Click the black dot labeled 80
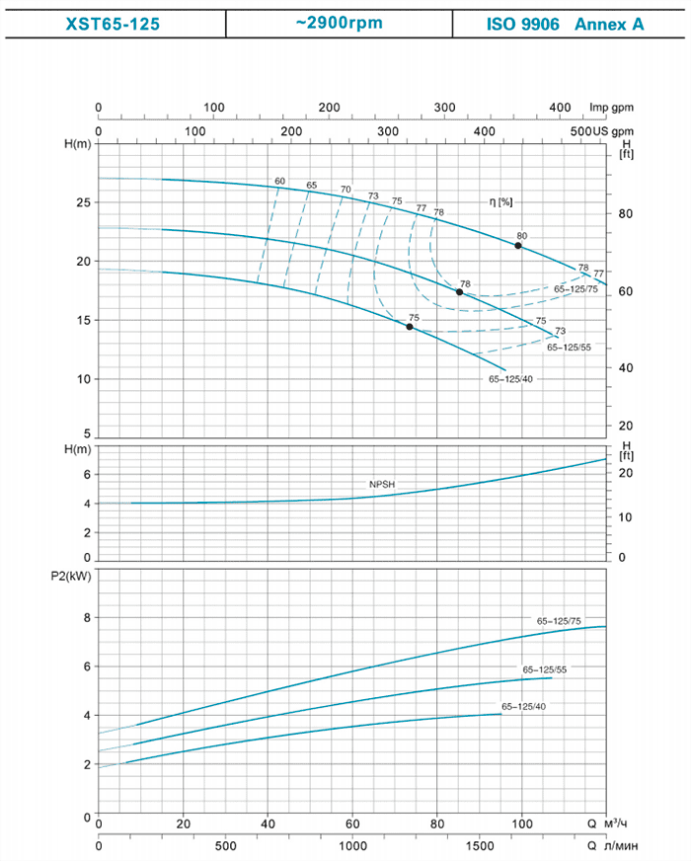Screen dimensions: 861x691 click(x=517, y=245)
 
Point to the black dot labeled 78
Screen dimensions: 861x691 click(x=459, y=292)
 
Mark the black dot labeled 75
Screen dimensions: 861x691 click(x=410, y=327)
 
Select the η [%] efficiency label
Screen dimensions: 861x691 click(x=501, y=201)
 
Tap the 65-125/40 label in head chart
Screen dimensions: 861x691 click(x=509, y=379)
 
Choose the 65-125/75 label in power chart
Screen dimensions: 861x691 click(x=558, y=621)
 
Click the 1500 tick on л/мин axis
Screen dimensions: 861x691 click(x=480, y=846)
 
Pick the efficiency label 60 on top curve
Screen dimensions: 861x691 click(x=279, y=181)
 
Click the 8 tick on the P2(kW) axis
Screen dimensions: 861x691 click(x=86, y=618)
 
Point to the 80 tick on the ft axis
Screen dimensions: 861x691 click(x=625, y=214)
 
